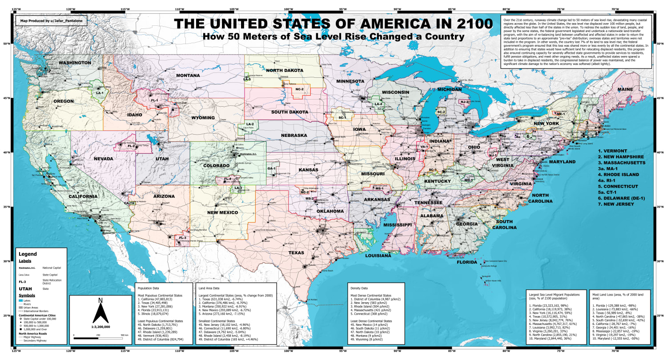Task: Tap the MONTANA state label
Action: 189,75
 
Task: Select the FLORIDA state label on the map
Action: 470,262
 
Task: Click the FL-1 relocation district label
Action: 155,101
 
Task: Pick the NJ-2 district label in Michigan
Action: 465,102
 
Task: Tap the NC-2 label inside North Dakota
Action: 299,89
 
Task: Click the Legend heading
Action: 28,254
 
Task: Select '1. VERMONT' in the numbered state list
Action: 616,151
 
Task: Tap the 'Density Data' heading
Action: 361,288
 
